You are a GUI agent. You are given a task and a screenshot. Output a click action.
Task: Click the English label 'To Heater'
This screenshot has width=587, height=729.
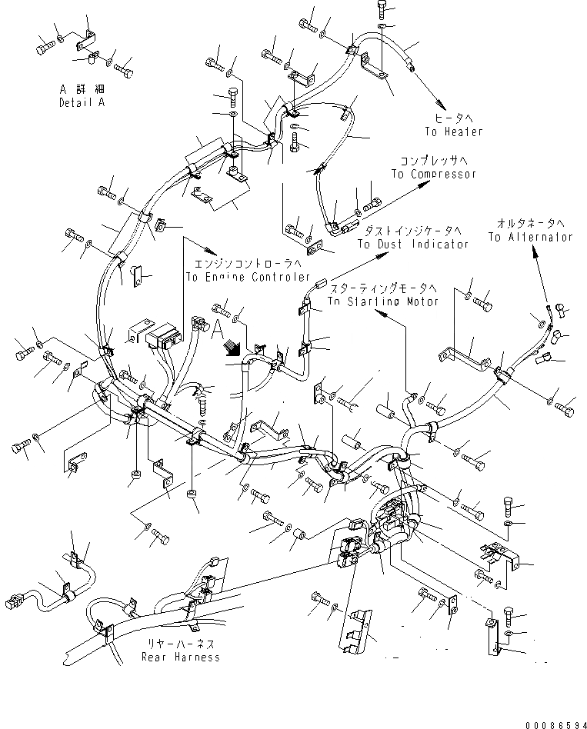point(454,131)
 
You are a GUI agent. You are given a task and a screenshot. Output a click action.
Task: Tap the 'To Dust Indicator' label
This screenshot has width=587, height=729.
point(412,244)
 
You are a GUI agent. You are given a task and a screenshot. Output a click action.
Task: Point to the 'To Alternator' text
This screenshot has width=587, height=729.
point(530,237)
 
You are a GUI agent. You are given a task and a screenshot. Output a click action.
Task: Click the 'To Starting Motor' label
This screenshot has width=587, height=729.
point(382,301)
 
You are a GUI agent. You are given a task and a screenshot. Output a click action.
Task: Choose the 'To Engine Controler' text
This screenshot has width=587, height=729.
point(248,277)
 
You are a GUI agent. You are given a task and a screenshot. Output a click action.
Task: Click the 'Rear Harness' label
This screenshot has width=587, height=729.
point(181,657)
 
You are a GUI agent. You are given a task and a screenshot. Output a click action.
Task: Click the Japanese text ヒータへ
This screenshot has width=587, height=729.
point(451,118)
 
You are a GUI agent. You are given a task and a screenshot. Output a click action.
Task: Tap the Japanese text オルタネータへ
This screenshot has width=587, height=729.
point(530,224)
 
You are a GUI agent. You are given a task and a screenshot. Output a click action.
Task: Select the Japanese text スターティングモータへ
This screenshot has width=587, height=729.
point(382,288)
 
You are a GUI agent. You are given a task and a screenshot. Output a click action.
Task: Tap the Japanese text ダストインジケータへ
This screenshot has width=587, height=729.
point(412,231)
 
